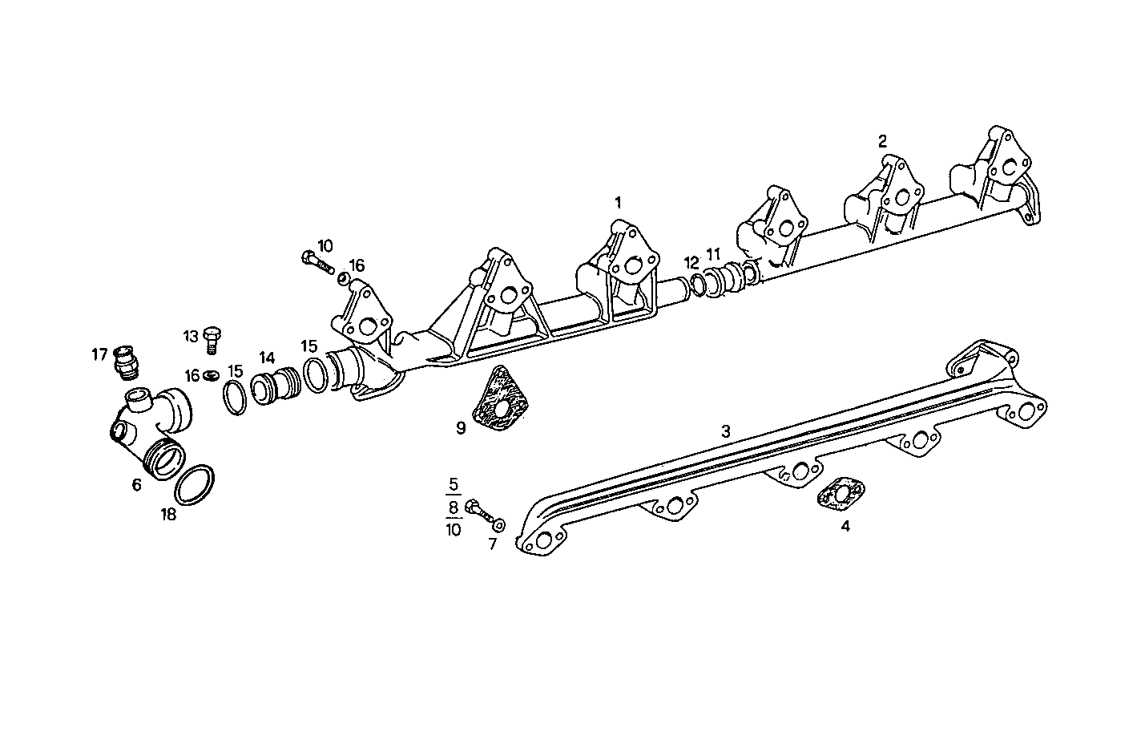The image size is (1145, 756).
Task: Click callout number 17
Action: pos(99,354)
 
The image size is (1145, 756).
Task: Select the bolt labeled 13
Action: pos(212,339)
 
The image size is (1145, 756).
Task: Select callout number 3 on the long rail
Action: pos(725,431)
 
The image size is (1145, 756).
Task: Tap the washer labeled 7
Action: pos(499,524)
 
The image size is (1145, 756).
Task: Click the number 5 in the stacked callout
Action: pos(454,484)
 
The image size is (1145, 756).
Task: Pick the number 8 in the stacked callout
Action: pos(454,507)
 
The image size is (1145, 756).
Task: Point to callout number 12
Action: pos(691,262)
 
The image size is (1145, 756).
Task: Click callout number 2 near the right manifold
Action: pos(882,142)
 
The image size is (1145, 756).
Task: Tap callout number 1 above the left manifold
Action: pos(618,202)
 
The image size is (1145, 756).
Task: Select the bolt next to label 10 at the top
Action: pos(317,261)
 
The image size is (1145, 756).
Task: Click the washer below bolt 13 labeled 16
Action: pos(212,374)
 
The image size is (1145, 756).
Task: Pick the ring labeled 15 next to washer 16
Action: pos(233,398)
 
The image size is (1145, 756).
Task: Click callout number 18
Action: pos(167,514)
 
